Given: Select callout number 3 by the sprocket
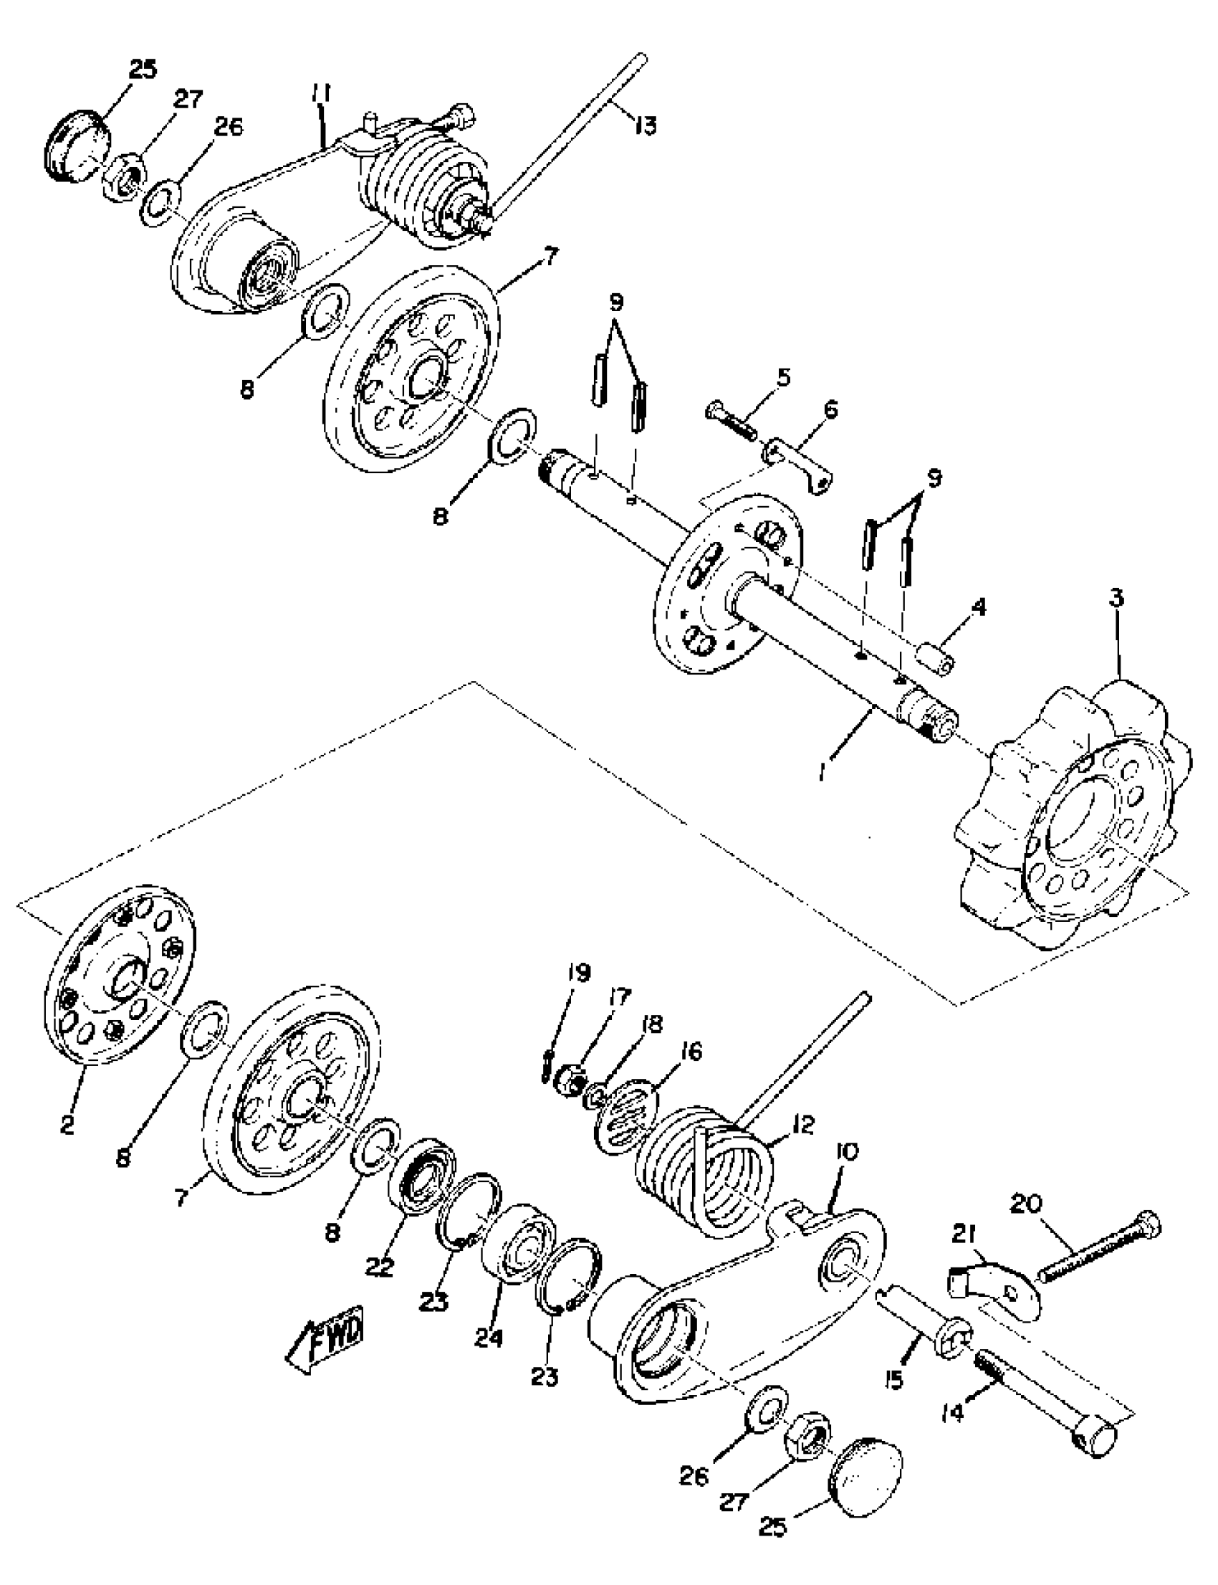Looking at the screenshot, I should point(1116,599).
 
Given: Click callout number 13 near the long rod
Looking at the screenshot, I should point(644,125).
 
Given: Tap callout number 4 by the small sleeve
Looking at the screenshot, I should point(979,607).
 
